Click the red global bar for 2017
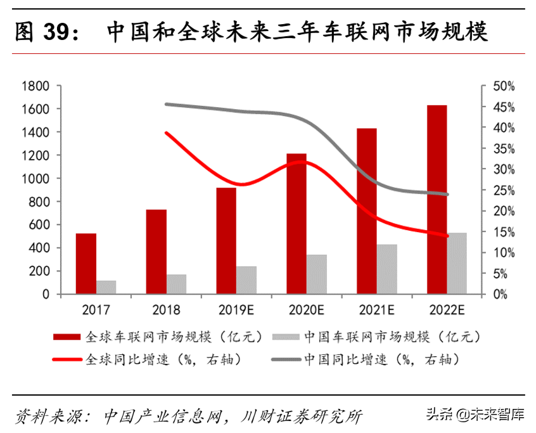[x=86, y=264]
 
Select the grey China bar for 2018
[x=177, y=284]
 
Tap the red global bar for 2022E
[x=437, y=200]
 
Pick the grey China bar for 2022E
[x=456, y=263]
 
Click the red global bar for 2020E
[x=297, y=224]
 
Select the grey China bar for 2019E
[x=247, y=280]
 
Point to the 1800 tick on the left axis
[x=37, y=86]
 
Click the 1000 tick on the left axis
[x=37, y=179]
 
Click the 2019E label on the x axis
[x=236, y=310]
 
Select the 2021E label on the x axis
[x=376, y=310]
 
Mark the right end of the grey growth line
[x=447, y=195]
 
